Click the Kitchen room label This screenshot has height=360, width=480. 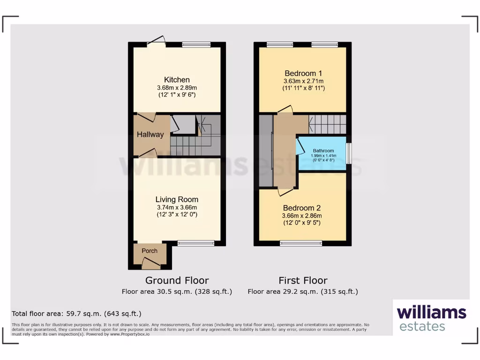(177, 80)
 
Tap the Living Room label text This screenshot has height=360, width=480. (177, 199)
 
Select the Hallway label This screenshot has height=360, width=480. (150, 135)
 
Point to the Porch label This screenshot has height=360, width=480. (150, 251)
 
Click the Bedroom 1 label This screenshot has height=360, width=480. (303, 73)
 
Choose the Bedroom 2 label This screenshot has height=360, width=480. (301, 208)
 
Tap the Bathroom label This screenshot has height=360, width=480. (323, 151)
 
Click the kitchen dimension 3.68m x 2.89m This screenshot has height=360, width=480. (177, 87)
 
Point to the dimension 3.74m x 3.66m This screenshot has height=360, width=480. (177, 207)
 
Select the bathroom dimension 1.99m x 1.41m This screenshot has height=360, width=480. (323, 156)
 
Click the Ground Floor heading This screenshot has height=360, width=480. (177, 280)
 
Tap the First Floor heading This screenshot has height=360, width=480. (303, 280)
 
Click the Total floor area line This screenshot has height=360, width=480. (76, 314)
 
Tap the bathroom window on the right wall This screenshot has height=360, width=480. (348, 153)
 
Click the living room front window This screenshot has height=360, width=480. (196, 243)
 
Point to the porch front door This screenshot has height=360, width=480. (151, 265)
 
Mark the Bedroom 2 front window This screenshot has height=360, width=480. (301, 243)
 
